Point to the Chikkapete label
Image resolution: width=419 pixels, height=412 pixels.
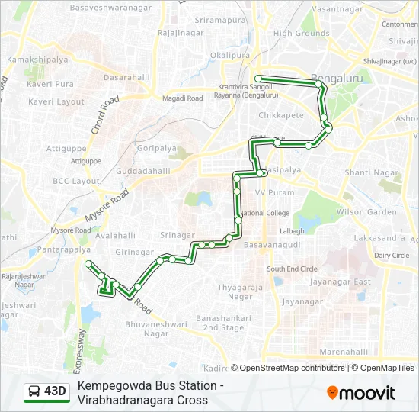click(x=280, y=116)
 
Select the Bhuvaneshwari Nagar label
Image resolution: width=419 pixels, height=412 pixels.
click(x=146, y=329)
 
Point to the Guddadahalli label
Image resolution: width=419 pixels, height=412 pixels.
click(x=143, y=172)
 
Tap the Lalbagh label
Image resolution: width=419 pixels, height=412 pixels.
click(x=292, y=230)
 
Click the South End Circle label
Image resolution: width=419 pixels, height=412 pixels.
click(x=292, y=269)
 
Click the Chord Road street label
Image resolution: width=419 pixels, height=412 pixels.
click(x=105, y=115)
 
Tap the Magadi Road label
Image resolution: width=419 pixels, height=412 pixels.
click(x=182, y=98)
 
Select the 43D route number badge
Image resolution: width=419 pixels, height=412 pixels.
click(x=46, y=391)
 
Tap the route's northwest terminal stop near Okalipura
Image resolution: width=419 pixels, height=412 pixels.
click(x=258, y=78)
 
